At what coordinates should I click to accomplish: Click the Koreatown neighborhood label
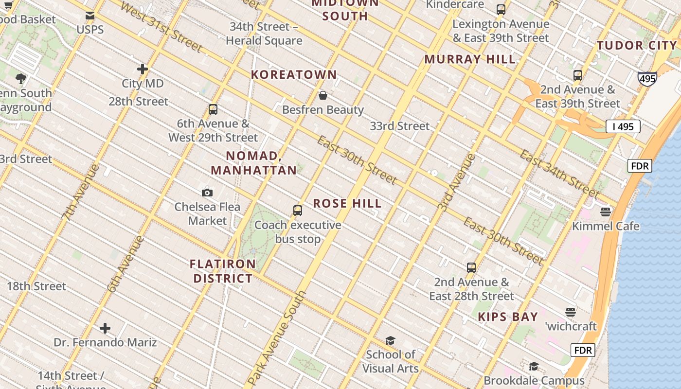pyautogui.click(x=294, y=74)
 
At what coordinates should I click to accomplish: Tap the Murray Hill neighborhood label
pyautogui.click(x=470, y=59)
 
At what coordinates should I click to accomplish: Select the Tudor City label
pyautogui.click(x=637, y=46)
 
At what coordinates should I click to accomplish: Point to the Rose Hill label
pyautogui.click(x=347, y=203)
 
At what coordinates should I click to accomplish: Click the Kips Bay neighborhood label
pyautogui.click(x=508, y=317)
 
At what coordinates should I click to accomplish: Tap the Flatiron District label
pyautogui.click(x=223, y=271)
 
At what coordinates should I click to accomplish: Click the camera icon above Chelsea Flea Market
pyautogui.click(x=207, y=193)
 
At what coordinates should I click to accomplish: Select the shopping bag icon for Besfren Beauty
pyautogui.click(x=323, y=95)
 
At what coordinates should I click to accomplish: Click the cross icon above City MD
pyautogui.click(x=143, y=69)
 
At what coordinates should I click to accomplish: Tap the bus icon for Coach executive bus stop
pyautogui.click(x=298, y=211)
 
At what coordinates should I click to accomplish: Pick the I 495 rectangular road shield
pyautogui.click(x=623, y=127)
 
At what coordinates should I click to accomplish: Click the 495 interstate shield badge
pyautogui.click(x=647, y=79)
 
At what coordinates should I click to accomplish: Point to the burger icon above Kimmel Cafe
pyautogui.click(x=606, y=212)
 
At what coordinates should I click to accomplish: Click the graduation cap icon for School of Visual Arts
pyautogui.click(x=390, y=340)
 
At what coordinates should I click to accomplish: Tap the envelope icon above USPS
pyautogui.click(x=90, y=16)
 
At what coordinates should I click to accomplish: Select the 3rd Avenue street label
pyautogui.click(x=456, y=182)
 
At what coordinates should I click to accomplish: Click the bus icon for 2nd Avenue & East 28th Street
pyautogui.click(x=471, y=267)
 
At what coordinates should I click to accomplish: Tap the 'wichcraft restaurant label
pyautogui.click(x=571, y=326)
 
